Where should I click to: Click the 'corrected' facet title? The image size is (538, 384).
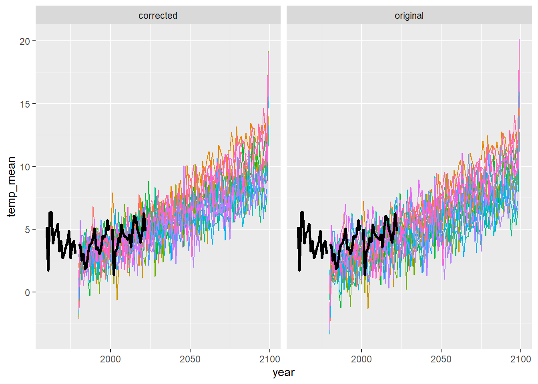point(158,16)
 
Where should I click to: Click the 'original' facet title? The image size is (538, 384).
point(409,16)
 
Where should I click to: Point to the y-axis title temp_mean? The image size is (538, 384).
point(11,187)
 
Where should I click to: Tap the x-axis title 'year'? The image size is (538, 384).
point(283,372)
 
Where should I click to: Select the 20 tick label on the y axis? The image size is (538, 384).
point(25,41)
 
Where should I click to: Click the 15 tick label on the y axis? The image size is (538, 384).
point(25,104)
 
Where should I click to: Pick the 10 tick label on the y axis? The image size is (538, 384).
point(25,167)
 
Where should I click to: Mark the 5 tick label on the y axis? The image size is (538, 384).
point(27,230)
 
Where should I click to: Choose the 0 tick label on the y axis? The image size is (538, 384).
point(27,292)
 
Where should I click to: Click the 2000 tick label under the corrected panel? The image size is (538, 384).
point(110,359)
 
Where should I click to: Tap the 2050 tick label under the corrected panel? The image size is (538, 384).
point(190,359)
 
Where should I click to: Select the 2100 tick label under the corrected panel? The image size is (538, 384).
point(269,359)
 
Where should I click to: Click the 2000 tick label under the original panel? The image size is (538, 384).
point(361,359)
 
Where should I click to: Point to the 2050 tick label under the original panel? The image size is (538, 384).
point(441,359)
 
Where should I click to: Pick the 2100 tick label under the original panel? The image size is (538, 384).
point(520,359)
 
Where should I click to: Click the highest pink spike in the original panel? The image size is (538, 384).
point(519,40)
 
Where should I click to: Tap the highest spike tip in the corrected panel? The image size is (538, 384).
point(268,52)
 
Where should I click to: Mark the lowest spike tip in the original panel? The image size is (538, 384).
point(330,334)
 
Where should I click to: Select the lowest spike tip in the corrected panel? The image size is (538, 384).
point(79,318)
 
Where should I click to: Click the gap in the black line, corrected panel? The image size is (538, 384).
point(77,248)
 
